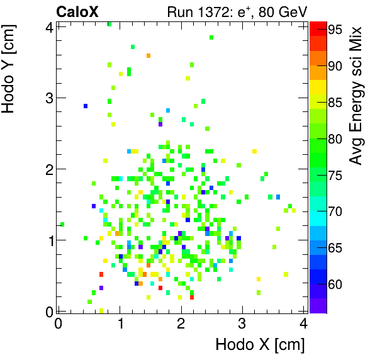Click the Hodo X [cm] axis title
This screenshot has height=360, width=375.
(260, 345)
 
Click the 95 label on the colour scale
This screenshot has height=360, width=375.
(335, 29)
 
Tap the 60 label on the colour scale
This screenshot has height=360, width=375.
(335, 284)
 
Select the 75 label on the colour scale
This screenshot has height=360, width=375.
(335, 175)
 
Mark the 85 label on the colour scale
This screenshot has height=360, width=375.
(335, 102)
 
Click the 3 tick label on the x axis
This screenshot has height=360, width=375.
(242, 323)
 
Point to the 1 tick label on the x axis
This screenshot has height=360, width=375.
(120, 323)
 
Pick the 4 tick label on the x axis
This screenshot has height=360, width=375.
(303, 323)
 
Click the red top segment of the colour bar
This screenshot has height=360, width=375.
(317, 26)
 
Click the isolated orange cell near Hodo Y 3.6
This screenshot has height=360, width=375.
(148, 55)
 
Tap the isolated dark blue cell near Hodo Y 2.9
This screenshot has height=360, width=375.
(86, 106)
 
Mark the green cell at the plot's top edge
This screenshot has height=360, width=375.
(109, 24)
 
